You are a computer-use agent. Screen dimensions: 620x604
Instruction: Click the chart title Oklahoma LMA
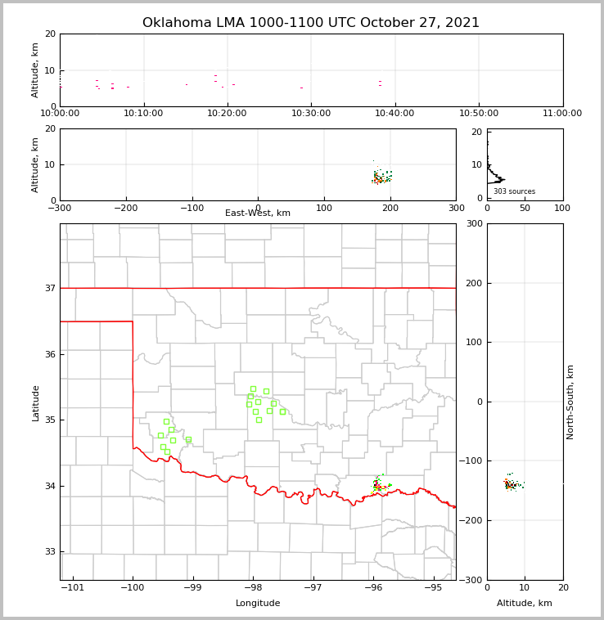pyautogui.click(x=311, y=23)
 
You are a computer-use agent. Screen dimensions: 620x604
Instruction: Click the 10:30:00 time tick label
pyautogui.click(x=311, y=113)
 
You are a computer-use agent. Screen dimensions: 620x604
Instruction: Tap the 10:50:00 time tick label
pyautogui.click(x=479, y=113)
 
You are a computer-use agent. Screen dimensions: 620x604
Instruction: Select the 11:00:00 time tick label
pyautogui.click(x=562, y=113)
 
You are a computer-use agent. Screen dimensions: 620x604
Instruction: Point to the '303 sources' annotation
pyautogui.click(x=514, y=191)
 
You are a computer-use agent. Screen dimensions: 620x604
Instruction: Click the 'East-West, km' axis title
pyautogui.click(x=258, y=213)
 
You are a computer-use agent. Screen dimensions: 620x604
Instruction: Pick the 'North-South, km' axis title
pyautogui.click(x=570, y=402)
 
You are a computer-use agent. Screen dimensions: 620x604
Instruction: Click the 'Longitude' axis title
pyautogui.click(x=258, y=604)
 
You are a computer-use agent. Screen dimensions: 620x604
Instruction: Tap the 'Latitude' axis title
pyautogui.click(x=35, y=402)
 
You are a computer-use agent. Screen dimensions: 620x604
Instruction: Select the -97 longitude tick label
pyautogui.click(x=313, y=588)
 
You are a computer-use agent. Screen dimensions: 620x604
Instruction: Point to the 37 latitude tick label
pyautogui.click(x=49, y=289)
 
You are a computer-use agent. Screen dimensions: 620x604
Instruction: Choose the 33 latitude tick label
pyautogui.click(x=49, y=552)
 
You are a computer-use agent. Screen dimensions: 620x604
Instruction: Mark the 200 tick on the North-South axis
pyautogui.click(x=472, y=283)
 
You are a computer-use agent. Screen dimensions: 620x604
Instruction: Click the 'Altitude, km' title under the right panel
pyautogui.click(x=525, y=604)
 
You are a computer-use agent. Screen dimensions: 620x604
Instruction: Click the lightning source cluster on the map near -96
pyautogui.click(x=378, y=485)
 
